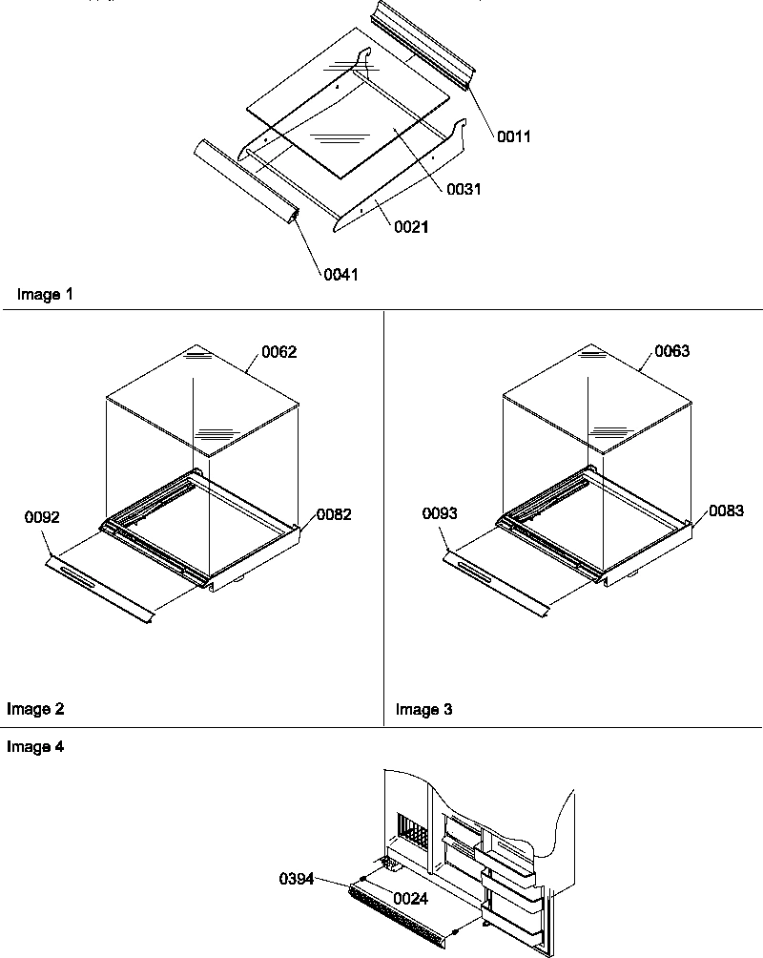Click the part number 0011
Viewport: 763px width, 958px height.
[x=513, y=136]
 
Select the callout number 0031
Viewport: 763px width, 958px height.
[x=464, y=189]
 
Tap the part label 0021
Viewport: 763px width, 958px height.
[x=411, y=227]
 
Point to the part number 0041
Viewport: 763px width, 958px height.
[x=341, y=274]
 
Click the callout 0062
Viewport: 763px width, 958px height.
[x=279, y=352]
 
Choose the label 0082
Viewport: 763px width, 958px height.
[x=334, y=514]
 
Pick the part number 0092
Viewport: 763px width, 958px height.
[x=42, y=518]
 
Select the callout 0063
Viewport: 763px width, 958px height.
[x=671, y=351]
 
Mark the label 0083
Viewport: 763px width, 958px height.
[x=726, y=511]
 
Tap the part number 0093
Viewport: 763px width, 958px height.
[x=440, y=513]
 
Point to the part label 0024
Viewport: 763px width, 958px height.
[x=410, y=898]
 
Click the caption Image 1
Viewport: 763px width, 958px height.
[x=45, y=295]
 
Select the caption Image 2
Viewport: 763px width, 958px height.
[x=35, y=709]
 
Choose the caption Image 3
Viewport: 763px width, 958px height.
[x=424, y=709]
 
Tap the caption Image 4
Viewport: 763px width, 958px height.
[x=35, y=747]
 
